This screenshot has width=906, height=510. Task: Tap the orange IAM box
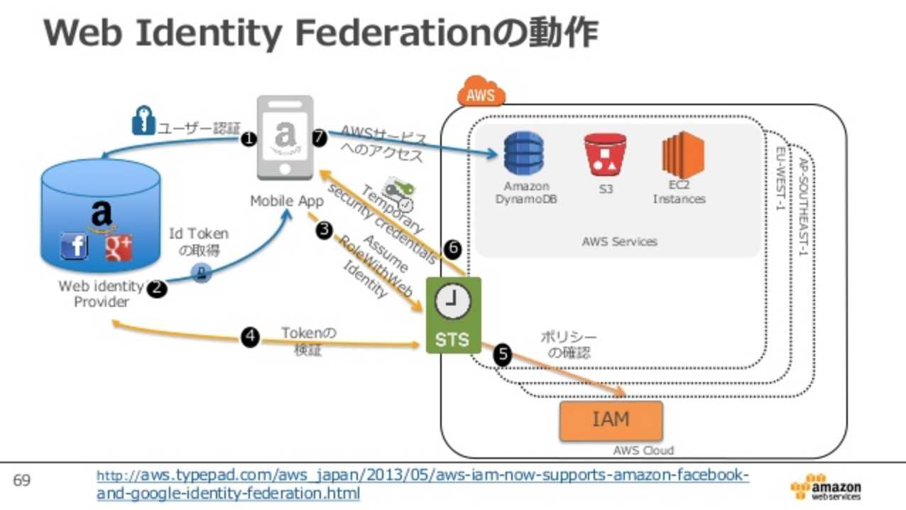611,420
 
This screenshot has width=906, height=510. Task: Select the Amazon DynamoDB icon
524,153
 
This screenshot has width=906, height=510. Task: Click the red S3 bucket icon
605,154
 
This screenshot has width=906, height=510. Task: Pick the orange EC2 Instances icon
682,155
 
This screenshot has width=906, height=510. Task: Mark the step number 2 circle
156,288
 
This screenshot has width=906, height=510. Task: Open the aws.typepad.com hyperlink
422,483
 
